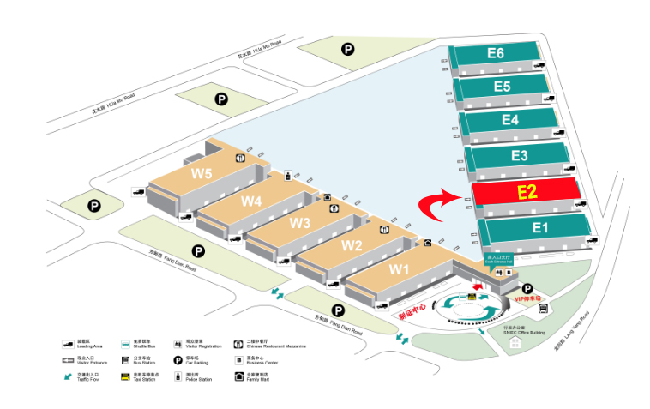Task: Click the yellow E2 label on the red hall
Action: coord(527,192)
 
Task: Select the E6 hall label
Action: coord(495,53)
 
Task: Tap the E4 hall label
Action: coord(510,120)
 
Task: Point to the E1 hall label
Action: coord(539,227)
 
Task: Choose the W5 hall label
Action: coord(202,172)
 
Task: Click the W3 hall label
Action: coord(299,223)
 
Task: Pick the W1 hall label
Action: coord(400,268)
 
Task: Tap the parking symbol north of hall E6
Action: coord(348,50)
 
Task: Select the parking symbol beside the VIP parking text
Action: coord(527,288)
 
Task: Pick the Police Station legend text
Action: coord(196,377)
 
